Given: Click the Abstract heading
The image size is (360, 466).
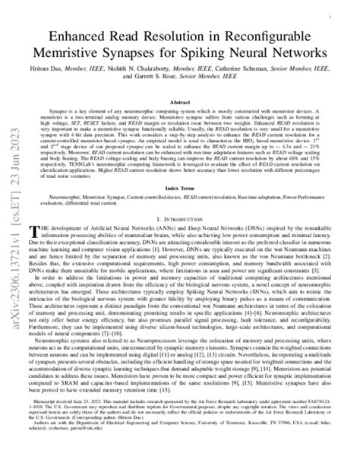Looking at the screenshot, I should click(x=179, y=101).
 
